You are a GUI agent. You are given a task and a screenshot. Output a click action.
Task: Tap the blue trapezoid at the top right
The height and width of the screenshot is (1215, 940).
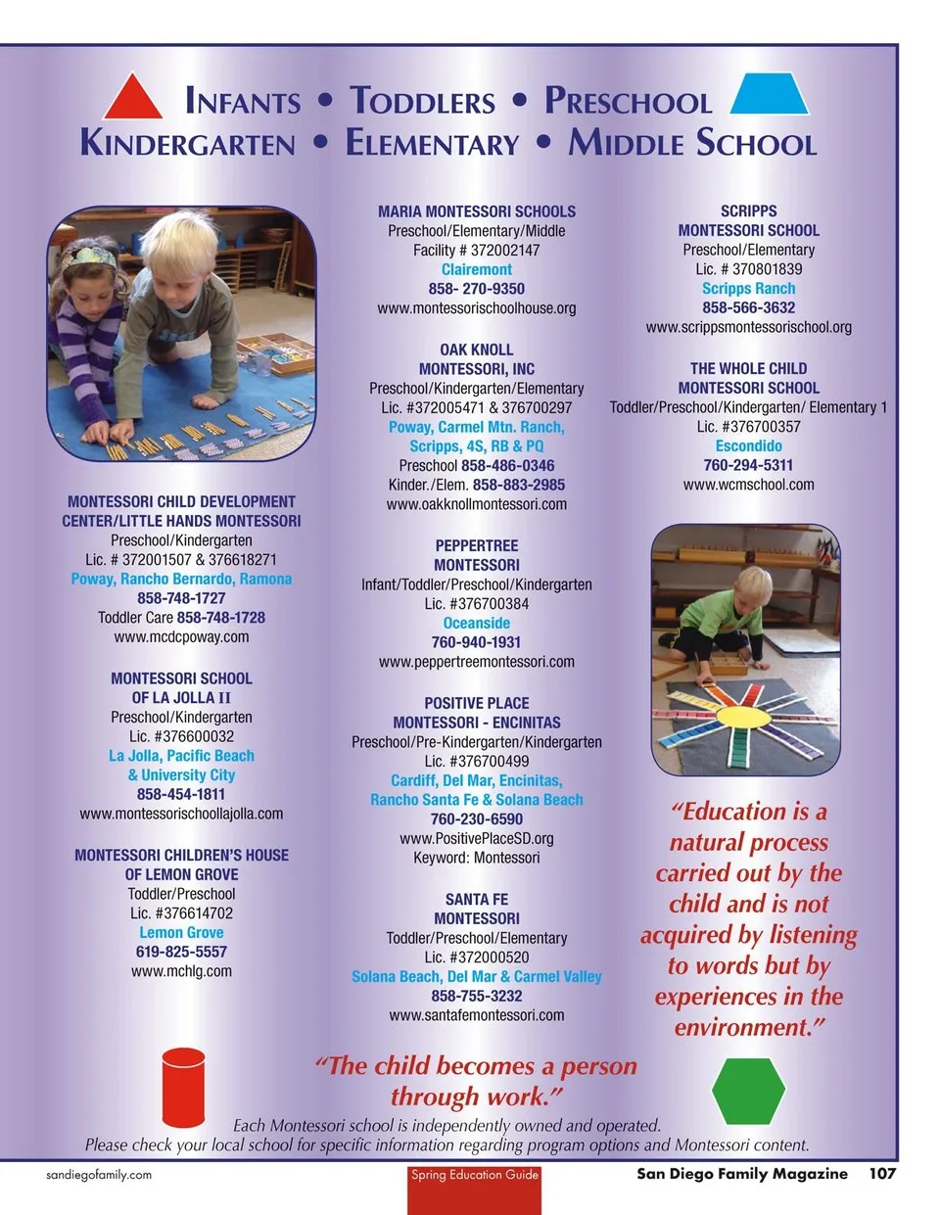(x=770, y=95)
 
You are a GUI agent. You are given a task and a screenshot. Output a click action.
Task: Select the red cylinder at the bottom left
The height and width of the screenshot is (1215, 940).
(x=183, y=1086)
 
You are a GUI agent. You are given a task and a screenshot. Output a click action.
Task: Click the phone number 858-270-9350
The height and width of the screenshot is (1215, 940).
(x=476, y=289)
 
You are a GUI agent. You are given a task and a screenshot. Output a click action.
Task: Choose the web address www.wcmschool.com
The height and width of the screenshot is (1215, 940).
(x=748, y=485)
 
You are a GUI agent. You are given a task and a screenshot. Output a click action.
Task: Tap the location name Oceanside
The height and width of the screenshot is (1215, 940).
(x=476, y=623)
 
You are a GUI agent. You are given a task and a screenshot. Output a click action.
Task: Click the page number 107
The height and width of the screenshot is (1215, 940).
(x=881, y=1173)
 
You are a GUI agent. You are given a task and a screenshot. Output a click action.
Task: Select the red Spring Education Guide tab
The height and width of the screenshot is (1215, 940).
(x=475, y=1188)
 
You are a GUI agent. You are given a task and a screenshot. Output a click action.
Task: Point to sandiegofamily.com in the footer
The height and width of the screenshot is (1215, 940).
(x=99, y=1174)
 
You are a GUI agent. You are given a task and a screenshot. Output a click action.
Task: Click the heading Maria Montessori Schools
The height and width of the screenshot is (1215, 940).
(x=476, y=211)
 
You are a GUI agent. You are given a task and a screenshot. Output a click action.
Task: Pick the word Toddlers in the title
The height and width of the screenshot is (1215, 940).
(x=423, y=101)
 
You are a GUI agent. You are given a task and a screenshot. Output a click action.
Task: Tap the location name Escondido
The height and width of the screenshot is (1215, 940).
(x=748, y=445)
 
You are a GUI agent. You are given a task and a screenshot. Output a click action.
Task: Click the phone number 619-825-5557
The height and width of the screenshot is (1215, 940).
(x=181, y=952)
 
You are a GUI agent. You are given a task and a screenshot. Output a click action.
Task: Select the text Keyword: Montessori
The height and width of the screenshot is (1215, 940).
(x=476, y=858)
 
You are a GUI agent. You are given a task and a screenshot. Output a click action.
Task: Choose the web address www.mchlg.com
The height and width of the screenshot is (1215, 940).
(x=181, y=971)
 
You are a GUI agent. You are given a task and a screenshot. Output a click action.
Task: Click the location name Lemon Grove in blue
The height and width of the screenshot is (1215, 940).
(x=181, y=932)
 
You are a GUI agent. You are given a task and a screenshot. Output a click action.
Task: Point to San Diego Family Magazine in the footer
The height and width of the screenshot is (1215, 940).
(x=741, y=1173)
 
